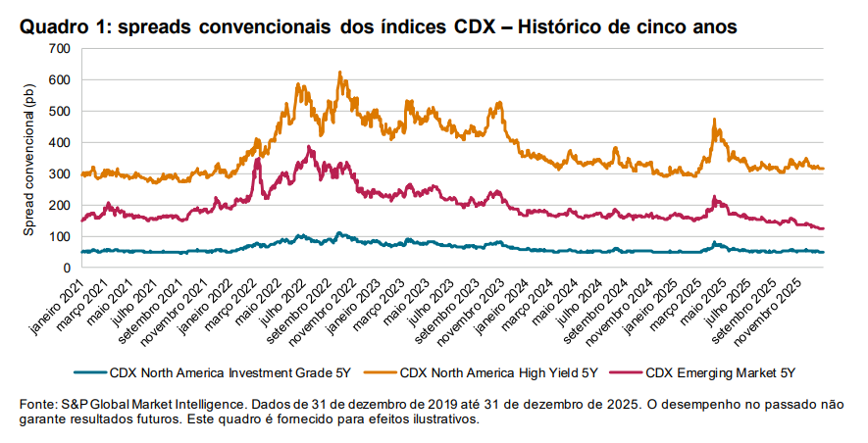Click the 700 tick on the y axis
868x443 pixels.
click(59, 48)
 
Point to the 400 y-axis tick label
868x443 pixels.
click(59, 142)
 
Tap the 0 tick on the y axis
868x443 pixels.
click(66, 268)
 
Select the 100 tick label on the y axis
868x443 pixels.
click(59, 236)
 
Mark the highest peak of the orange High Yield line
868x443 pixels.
click(339, 72)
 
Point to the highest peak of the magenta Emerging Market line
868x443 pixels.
click(309, 147)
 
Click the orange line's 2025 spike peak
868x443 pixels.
click(714, 120)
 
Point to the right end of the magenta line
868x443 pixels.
click(824, 228)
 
